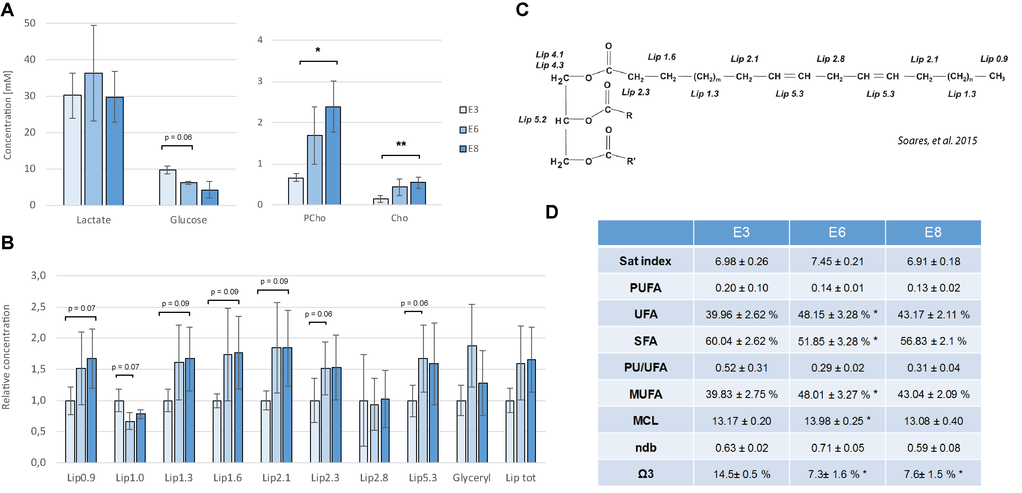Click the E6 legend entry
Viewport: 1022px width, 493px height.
469,129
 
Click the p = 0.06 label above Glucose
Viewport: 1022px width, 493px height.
178,137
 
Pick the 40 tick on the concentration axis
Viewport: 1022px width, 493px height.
30,60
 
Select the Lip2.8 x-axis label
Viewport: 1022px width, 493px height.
374,478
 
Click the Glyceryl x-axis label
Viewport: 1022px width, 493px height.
471,478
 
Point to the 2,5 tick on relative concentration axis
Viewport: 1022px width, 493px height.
38,307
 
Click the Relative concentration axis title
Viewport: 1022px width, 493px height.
6,357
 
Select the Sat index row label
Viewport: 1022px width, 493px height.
645,261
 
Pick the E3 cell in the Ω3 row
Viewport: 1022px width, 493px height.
741,474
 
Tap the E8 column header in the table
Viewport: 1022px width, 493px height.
933,232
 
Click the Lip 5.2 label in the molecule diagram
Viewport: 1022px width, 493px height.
532,119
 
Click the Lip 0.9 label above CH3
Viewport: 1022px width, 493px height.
994,59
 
